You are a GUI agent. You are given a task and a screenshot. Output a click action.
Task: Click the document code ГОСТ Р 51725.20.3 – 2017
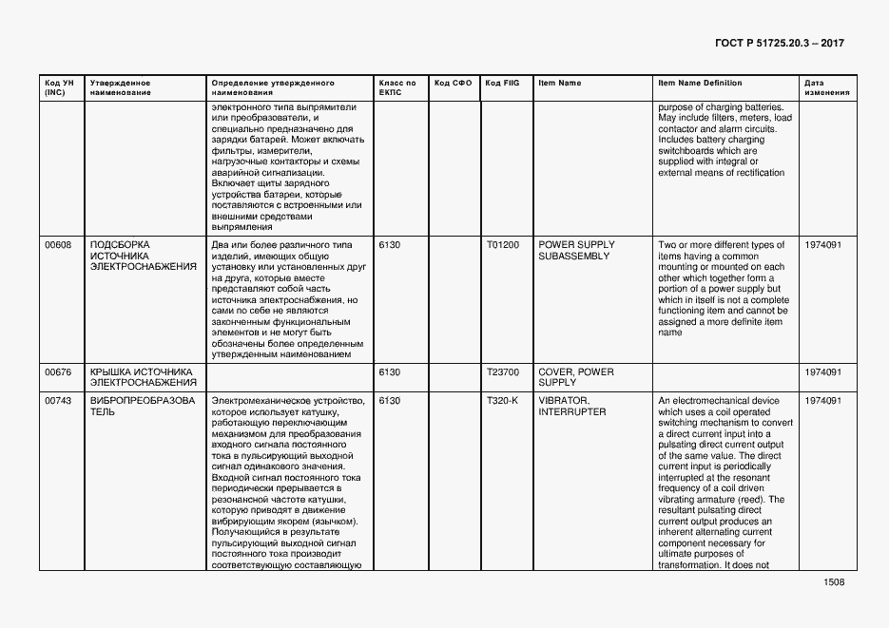point(778,44)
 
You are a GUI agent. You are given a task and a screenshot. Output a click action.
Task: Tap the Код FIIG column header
point(502,84)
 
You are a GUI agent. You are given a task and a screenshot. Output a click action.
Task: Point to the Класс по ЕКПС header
point(396,87)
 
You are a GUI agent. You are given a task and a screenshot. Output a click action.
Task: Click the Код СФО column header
point(453,84)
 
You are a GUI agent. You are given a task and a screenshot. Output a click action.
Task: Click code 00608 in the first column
point(58,245)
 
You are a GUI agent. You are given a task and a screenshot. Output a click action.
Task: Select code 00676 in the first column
point(58,371)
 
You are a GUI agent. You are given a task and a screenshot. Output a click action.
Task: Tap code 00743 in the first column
point(58,401)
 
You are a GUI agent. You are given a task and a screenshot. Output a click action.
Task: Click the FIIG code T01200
point(503,245)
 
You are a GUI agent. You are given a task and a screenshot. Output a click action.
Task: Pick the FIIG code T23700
point(503,371)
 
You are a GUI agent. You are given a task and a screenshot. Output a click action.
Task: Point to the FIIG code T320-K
point(502,401)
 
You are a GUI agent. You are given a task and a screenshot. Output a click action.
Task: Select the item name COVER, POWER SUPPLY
point(575,377)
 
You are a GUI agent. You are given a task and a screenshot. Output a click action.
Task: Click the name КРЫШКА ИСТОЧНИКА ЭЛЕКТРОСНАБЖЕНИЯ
point(142,377)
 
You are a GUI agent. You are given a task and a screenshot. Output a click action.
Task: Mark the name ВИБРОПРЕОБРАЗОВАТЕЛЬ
point(142,407)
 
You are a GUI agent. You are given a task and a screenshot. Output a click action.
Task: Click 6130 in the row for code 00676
point(390,371)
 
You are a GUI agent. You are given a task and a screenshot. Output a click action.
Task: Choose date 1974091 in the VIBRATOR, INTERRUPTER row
point(823,401)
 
